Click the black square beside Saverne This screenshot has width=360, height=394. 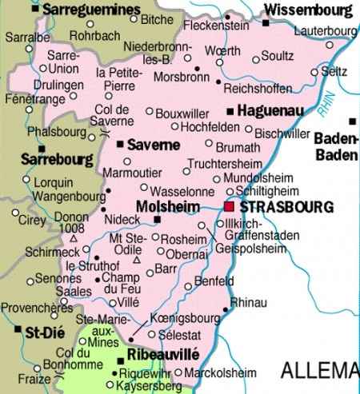pyautogui.click(x=120, y=145)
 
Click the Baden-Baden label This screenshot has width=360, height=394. pyautogui.click(x=338, y=145)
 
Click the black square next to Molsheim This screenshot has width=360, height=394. pyautogui.click(x=158, y=220)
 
